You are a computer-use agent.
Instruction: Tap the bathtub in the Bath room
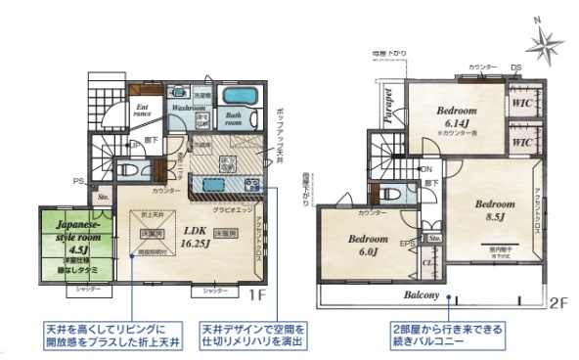(x=239, y=97)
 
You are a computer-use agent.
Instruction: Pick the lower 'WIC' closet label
(x=521, y=142)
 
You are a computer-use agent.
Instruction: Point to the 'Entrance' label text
(x=143, y=112)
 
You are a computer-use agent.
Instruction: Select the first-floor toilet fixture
(x=124, y=169)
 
